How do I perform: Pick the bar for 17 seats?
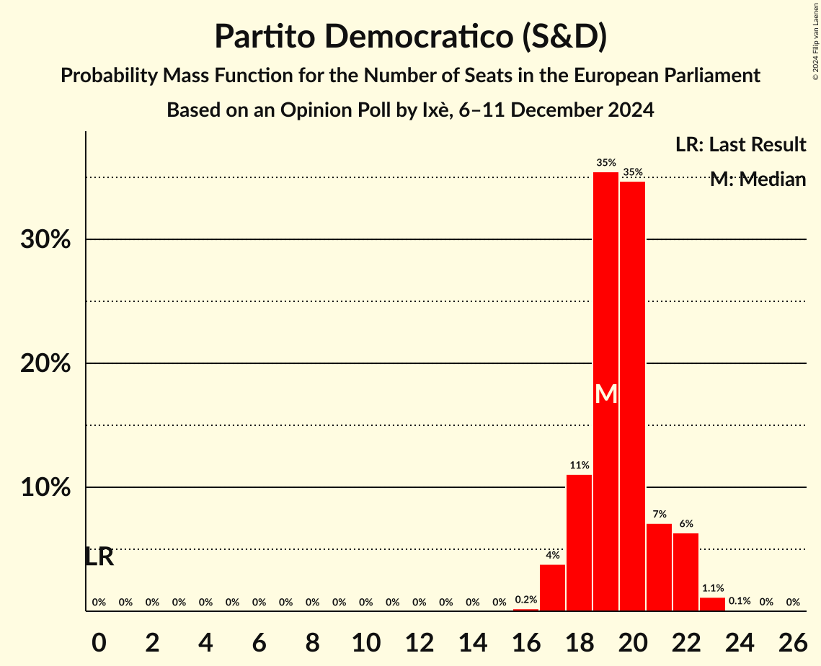[x=552, y=587]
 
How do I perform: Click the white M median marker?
[x=606, y=394]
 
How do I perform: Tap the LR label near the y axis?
[x=99, y=557]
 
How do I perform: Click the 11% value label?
[x=579, y=466]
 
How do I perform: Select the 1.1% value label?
[x=712, y=588]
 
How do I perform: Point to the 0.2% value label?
[x=525, y=600]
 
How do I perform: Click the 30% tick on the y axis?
[x=45, y=239]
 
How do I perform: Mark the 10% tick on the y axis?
[x=45, y=488]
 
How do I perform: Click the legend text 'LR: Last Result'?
[x=740, y=145]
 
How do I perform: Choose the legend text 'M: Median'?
[x=757, y=179]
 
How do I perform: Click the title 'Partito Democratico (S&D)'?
[x=410, y=37]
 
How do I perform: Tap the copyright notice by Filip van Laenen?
[x=815, y=40]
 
